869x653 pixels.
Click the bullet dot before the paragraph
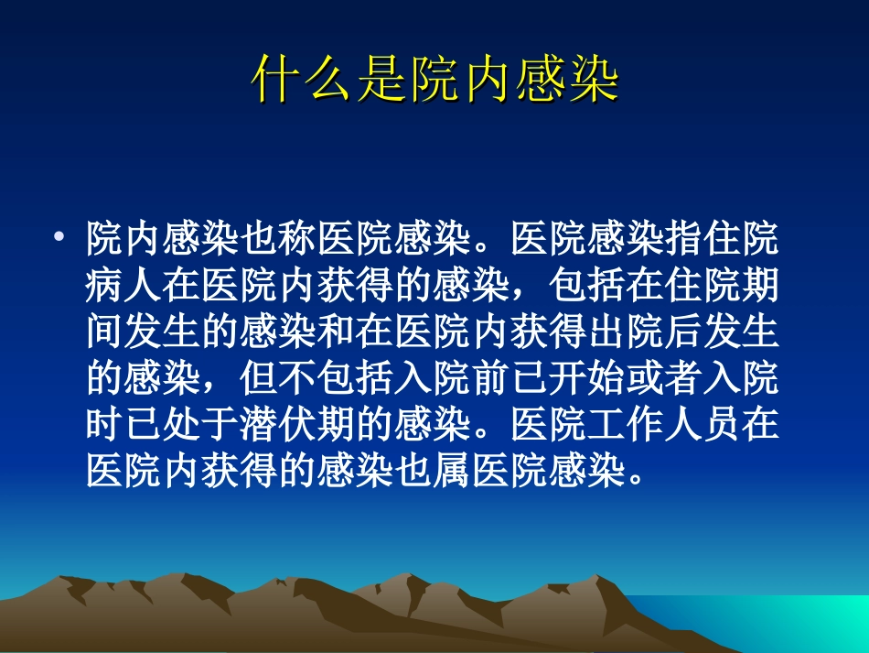(x=59, y=239)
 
